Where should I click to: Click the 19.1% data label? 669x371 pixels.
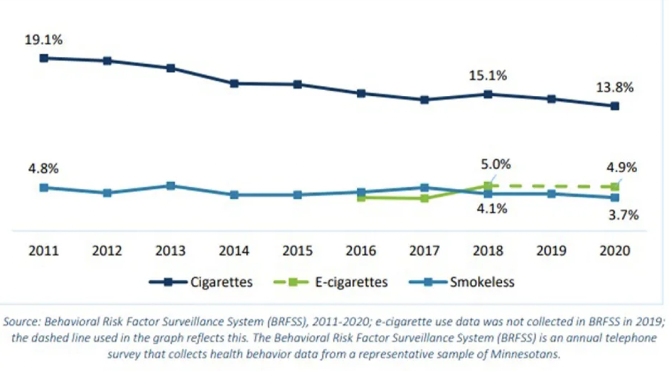pos(43,40)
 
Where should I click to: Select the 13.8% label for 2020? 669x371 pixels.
pos(614,87)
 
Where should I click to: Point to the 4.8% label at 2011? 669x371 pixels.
pos(43,169)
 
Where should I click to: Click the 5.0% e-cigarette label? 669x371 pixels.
pos(495,165)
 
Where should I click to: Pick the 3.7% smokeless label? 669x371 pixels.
pos(622,215)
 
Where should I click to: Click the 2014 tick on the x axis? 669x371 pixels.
pos(234,251)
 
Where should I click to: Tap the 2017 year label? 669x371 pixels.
pos(424,251)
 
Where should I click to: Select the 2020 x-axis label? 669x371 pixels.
pos(614,251)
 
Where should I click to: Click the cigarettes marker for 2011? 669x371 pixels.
pos(43,58)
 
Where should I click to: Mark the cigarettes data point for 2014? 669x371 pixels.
pos(234,84)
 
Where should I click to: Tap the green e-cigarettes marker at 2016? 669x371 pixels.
pos(361,197)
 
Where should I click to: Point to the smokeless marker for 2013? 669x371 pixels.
pos(171,186)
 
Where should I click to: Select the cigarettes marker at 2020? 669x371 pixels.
pos(614,106)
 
